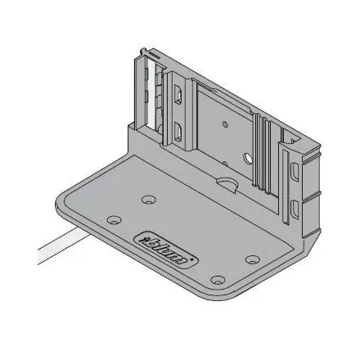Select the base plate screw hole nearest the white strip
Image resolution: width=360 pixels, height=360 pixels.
[x=114, y=220]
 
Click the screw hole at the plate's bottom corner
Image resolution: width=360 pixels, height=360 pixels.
[x=217, y=281]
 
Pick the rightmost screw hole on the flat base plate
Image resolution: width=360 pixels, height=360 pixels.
[x=253, y=260]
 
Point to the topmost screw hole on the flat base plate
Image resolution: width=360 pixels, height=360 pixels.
[x=147, y=199]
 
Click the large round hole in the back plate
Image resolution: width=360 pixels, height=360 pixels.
[x=243, y=155]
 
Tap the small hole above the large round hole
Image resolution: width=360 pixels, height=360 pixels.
[x=225, y=125]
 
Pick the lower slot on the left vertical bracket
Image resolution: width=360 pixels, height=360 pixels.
[x=178, y=133]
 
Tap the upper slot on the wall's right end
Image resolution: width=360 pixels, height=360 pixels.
[x=295, y=172]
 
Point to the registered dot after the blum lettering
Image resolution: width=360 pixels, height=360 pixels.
[x=194, y=263]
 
